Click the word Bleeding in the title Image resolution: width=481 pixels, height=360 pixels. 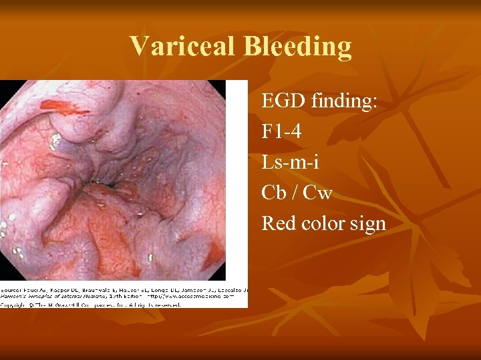297,46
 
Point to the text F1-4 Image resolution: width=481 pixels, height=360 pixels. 281,132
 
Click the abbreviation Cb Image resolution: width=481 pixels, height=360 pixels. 274,193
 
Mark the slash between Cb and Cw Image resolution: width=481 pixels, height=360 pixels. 294,193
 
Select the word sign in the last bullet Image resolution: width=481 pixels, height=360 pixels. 369,224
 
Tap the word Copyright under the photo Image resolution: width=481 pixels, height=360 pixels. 16,305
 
